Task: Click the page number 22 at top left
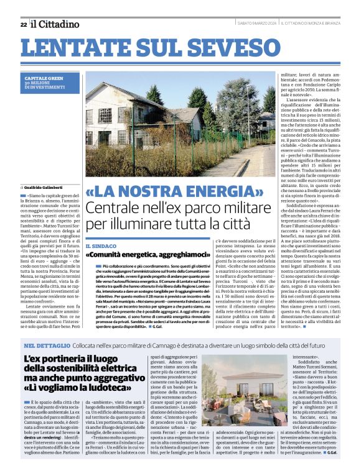23,24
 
